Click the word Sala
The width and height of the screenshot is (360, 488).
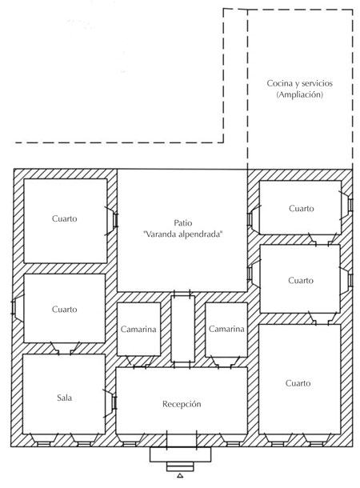(64, 397)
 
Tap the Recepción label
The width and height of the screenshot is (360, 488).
(181, 405)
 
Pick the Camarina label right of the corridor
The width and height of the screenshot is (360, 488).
(226, 329)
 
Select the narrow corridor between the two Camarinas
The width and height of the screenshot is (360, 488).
(182, 328)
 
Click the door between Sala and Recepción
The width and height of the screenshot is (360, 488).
(113, 399)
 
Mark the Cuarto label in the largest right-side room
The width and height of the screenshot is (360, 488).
(300, 383)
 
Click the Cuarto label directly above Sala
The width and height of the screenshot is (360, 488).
(64, 309)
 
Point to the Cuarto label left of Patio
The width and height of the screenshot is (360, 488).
(64, 218)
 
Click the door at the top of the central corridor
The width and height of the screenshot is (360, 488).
(182, 294)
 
